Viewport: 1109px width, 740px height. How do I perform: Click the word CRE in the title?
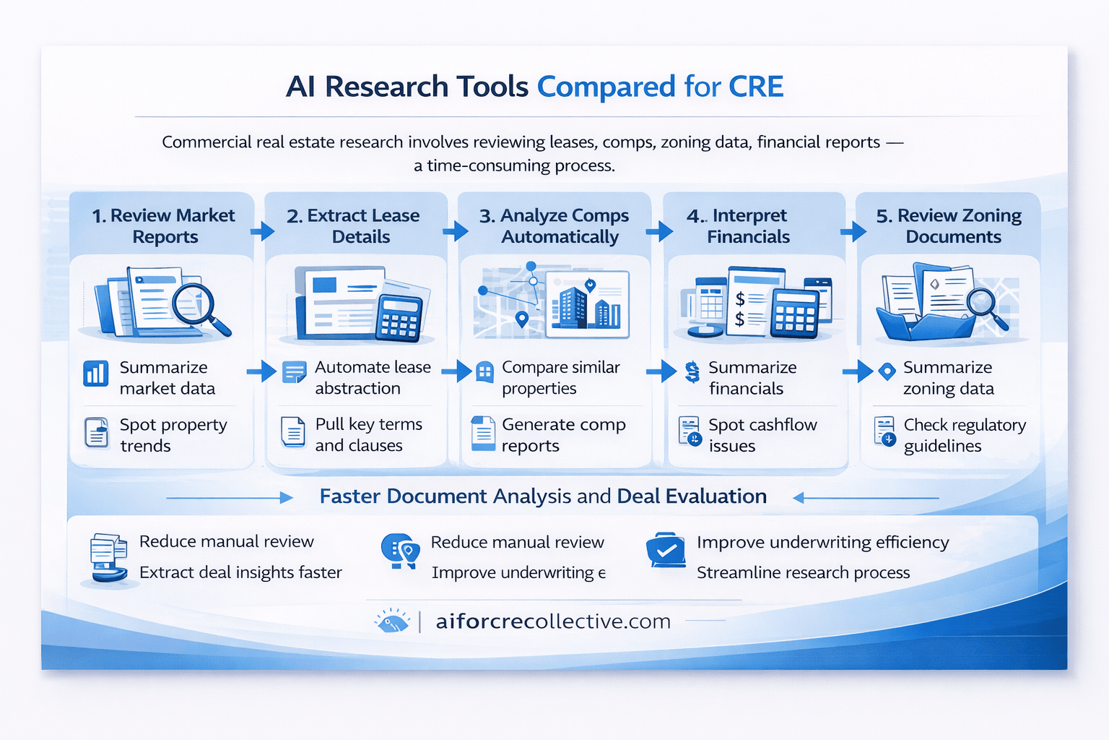756,87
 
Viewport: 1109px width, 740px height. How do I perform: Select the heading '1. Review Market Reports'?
164,225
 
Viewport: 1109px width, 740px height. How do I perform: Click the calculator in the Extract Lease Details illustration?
399,317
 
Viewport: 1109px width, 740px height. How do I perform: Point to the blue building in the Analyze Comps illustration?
573,306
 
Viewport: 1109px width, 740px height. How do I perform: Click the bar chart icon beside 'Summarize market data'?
96,374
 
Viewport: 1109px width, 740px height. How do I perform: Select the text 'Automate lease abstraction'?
372,377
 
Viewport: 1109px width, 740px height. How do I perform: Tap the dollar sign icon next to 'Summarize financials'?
692,372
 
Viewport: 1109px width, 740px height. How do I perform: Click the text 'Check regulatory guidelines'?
964,435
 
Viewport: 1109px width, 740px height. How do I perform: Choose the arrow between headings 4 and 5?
853,232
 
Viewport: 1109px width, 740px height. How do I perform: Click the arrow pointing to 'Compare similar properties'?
456,371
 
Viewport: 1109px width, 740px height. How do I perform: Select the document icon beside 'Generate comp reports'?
483,434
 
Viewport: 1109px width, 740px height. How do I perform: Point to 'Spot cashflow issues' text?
762,435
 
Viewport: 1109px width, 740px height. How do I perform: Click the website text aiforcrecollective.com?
553,621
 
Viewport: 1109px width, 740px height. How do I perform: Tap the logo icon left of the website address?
392,621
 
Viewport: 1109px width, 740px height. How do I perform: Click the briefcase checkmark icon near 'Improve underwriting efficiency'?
666,551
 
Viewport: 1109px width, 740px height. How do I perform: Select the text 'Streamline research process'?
803,572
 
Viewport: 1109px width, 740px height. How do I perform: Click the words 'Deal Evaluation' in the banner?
691,496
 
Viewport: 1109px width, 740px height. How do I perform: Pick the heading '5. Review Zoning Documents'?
949,225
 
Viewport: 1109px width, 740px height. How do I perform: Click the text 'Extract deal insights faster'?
240,572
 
